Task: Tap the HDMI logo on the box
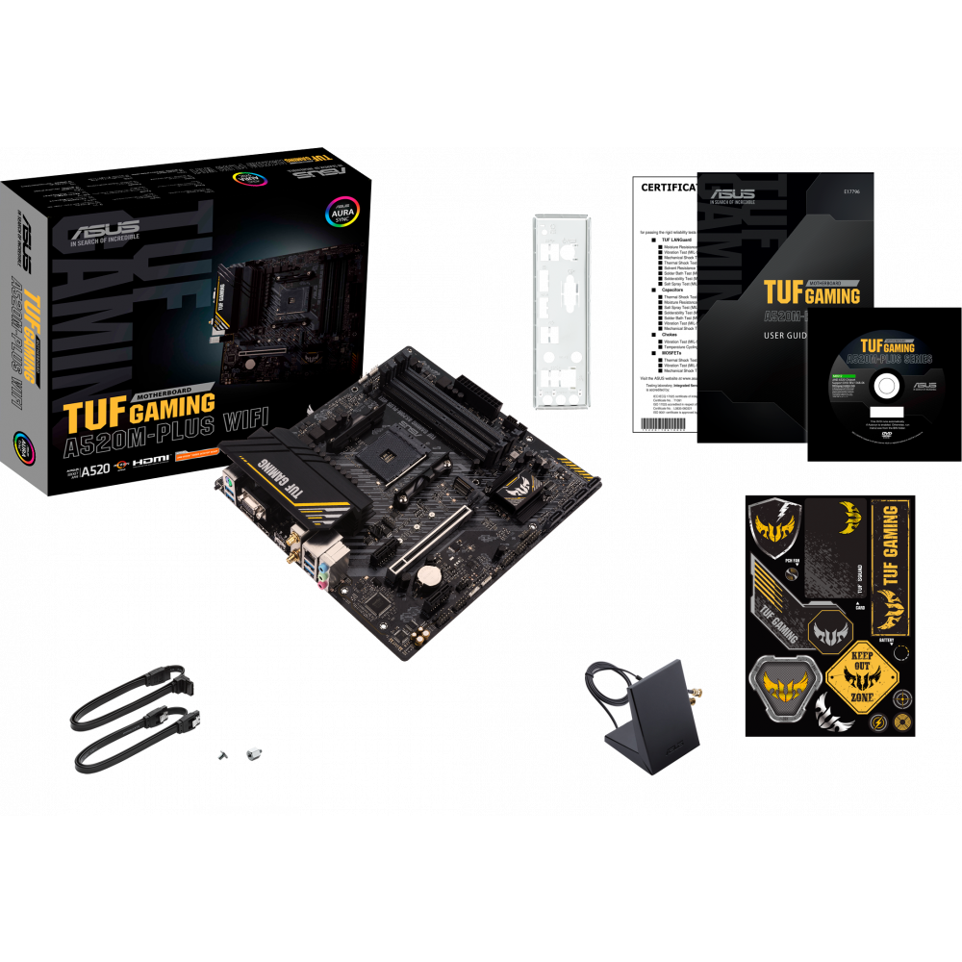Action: pos(151,461)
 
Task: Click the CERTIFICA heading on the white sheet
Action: pos(669,187)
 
